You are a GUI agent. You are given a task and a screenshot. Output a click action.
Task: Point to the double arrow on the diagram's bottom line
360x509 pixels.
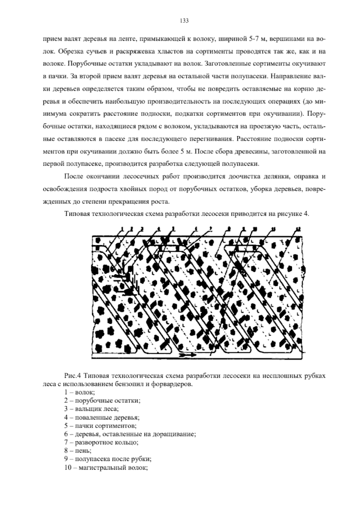[188, 354]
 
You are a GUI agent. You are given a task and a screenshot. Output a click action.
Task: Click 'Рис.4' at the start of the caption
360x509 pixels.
[71, 376]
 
